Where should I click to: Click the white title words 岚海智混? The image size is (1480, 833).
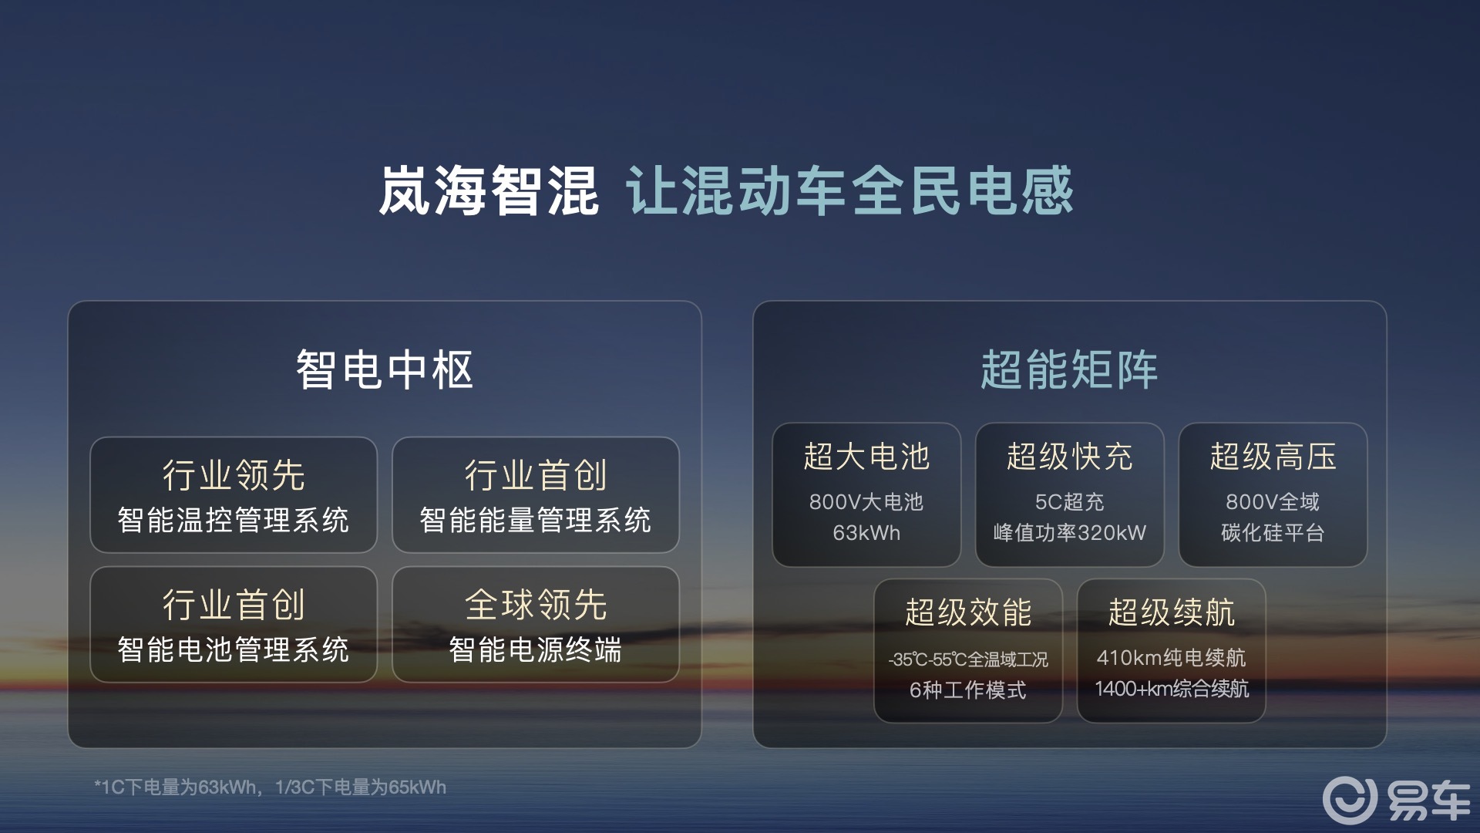pos(488,191)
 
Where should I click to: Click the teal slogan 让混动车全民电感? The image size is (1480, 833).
pos(849,191)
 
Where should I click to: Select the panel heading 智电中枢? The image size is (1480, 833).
pos(384,369)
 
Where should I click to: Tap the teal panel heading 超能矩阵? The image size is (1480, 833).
pos(1069,369)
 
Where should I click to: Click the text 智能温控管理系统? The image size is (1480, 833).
pos(233,520)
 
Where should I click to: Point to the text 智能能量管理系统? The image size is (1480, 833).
pos(535,520)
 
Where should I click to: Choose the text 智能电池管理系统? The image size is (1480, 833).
pos(233,649)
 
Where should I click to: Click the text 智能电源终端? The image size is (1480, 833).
pos(535,649)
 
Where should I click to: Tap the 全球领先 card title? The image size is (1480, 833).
pos(535,605)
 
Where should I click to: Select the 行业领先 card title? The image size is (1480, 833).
pos(233,475)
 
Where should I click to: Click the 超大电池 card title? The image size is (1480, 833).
pos(866,457)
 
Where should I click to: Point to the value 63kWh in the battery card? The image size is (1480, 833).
pos(866,533)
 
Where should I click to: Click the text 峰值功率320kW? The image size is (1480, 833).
pos(1069,533)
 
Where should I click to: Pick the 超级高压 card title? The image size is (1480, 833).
pos(1273,457)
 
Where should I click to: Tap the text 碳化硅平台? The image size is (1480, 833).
pos(1273,533)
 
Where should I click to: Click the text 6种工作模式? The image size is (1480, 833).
pos(967,690)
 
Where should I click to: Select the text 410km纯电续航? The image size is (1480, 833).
pos(1171,658)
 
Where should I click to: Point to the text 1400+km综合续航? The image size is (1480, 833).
pos(1171,689)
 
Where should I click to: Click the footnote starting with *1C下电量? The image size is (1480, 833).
pos(270,787)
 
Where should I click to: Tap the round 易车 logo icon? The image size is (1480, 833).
pos(1349,800)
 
